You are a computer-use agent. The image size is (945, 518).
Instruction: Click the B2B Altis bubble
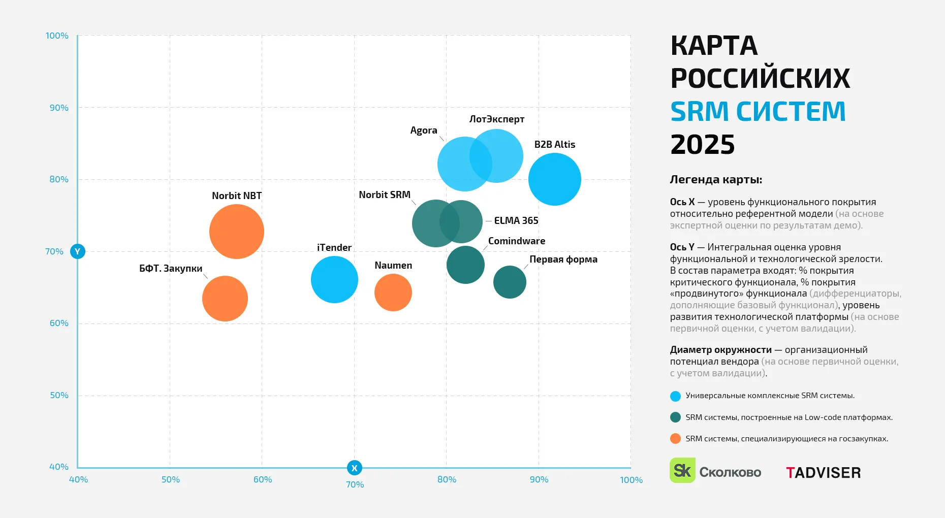[x=554, y=179]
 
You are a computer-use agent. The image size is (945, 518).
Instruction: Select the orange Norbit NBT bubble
[x=237, y=232]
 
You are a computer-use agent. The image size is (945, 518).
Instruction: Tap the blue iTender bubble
[x=334, y=280]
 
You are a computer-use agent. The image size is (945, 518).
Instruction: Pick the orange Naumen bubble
[x=393, y=293]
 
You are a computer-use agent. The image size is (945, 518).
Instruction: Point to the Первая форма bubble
[x=510, y=282]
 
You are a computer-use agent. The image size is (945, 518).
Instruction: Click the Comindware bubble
[x=465, y=265]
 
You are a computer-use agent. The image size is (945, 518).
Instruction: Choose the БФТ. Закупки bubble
[x=225, y=299]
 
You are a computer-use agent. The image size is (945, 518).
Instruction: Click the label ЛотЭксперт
[x=496, y=119]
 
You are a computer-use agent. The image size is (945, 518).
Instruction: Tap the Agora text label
[x=423, y=131]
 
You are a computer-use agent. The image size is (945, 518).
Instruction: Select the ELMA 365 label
[x=516, y=221]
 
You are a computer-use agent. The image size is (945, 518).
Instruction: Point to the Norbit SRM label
[x=384, y=195]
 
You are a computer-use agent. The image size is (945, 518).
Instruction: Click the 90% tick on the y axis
[x=59, y=108]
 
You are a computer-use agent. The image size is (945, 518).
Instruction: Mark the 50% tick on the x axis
[x=170, y=480]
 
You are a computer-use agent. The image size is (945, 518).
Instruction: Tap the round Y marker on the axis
[x=78, y=251]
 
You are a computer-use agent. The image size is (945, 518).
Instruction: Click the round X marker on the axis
[x=355, y=468]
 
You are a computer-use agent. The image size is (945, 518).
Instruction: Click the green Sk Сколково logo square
[x=682, y=471]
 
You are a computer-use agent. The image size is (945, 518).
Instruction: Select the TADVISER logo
[x=823, y=473]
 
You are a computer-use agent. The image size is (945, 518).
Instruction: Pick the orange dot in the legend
[x=675, y=439]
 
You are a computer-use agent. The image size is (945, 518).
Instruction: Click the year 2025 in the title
[x=702, y=145]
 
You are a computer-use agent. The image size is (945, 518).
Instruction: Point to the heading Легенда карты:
[x=715, y=180]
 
